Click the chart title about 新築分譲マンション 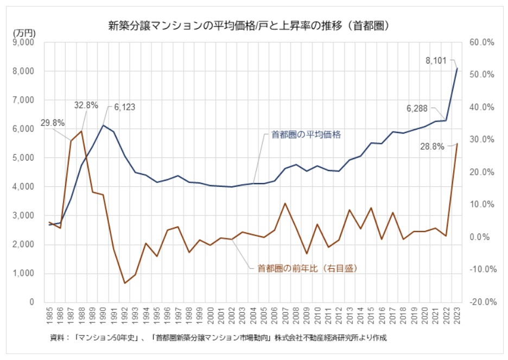[250, 26]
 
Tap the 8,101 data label [438, 61]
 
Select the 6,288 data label [417, 109]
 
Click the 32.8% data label [86, 105]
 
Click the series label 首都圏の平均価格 [306, 135]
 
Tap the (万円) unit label [23, 33]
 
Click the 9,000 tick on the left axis [23, 42]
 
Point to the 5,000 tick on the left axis [23, 158]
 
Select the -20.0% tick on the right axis [479, 302]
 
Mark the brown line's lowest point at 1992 [125, 283]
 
